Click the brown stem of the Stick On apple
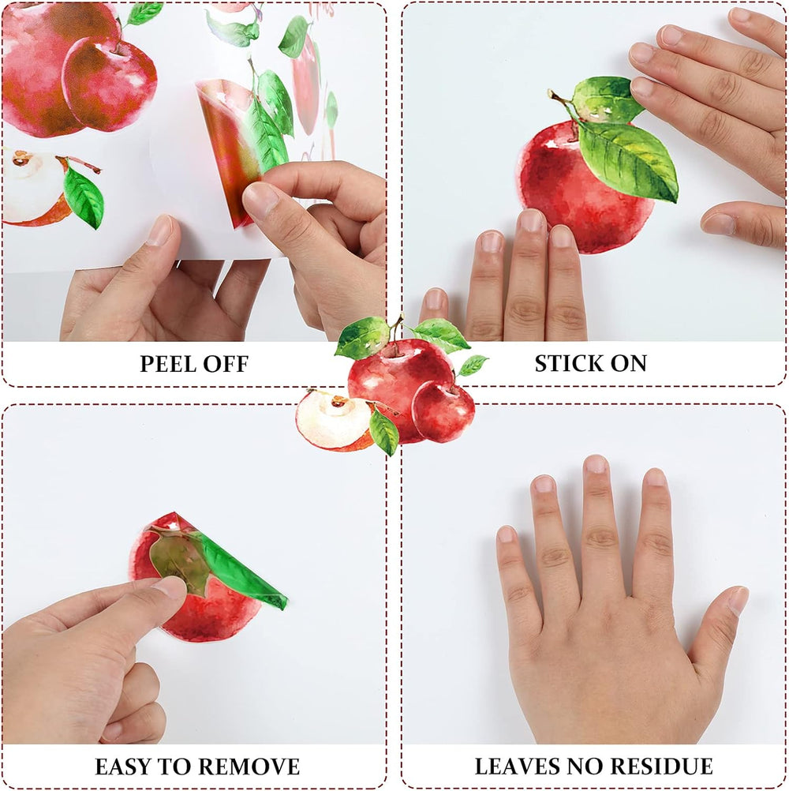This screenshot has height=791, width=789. (x=559, y=99)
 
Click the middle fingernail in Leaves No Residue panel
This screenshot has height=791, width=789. (x=596, y=463)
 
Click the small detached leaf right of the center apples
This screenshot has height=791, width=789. (x=473, y=365)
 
